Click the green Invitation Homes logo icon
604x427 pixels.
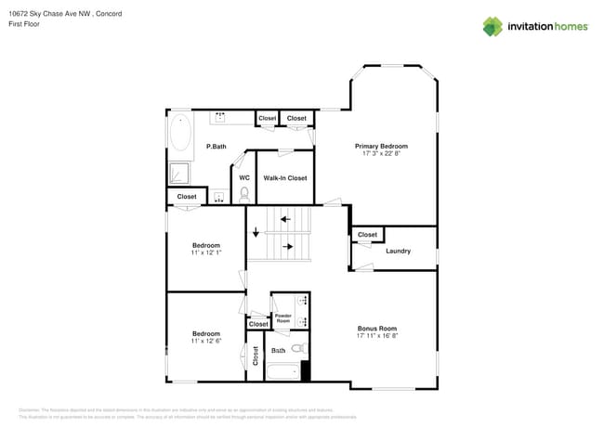[492, 26]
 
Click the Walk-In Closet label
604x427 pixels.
[284, 177]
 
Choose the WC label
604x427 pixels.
[244, 177]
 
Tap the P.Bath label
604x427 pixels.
[216, 147]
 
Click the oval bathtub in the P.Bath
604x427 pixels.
[179, 134]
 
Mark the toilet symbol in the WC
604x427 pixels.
[244, 194]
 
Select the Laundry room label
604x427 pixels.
[398, 251]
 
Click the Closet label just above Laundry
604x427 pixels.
[367, 235]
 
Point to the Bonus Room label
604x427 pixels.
[377, 329]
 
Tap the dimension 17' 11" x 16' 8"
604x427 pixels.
[377, 337]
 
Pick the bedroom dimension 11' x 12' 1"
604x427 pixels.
[206, 252]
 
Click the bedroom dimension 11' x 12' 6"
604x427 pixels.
[206, 342]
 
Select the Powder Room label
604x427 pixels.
[283, 318]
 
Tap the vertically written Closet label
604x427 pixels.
[256, 356]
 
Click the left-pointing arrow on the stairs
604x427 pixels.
[285, 220]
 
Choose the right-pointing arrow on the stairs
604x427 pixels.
[289, 247]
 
